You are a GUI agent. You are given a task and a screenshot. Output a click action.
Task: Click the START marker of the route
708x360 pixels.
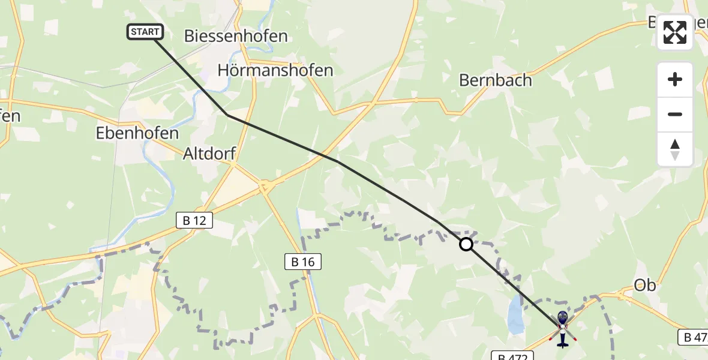[x=145, y=32]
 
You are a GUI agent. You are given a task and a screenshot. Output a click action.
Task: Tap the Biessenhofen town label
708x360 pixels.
[x=236, y=36]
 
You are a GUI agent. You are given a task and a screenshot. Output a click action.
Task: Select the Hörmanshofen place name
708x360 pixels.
[x=275, y=70]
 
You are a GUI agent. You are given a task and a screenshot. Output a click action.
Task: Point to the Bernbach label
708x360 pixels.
[x=496, y=80]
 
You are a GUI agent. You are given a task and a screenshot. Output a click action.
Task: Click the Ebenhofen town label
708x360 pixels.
[x=137, y=133]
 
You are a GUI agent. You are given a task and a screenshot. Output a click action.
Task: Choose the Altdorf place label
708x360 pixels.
[x=209, y=155]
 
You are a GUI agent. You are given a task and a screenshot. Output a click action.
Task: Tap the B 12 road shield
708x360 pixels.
[x=194, y=221]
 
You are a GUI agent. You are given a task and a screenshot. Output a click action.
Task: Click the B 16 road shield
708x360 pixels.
[x=302, y=262]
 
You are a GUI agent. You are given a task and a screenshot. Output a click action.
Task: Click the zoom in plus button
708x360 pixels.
[x=675, y=79]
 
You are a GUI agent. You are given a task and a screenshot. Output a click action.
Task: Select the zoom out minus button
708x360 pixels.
[x=675, y=114]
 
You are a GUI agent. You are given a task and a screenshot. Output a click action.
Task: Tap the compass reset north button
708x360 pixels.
[x=675, y=149]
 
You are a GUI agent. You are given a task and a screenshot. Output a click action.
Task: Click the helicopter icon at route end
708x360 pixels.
[x=562, y=329]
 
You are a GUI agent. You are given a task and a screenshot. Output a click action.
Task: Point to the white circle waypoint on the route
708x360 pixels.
[x=466, y=244]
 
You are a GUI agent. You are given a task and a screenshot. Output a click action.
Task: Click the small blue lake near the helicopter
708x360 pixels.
[x=514, y=315]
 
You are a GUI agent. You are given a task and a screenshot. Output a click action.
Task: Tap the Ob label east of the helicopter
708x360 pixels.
[x=645, y=286]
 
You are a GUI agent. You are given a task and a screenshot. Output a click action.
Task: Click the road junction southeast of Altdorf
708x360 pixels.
[x=263, y=188]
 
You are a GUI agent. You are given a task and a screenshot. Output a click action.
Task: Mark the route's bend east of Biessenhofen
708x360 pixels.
[x=227, y=114]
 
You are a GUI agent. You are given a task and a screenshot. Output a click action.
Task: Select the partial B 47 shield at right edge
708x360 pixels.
[x=694, y=337]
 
